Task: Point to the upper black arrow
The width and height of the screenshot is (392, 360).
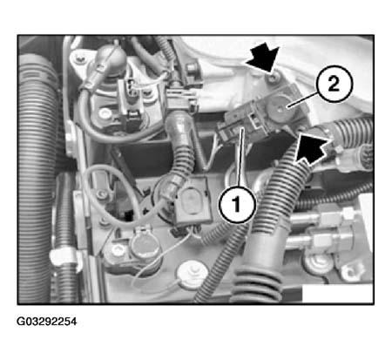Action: click(262, 58)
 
